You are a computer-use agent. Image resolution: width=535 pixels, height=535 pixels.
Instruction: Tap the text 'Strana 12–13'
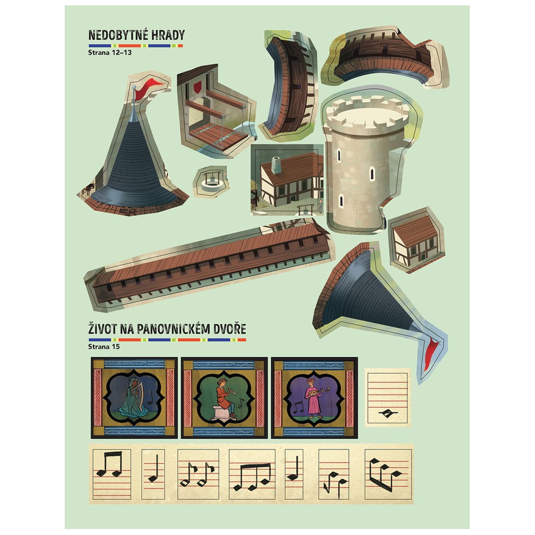coord(110,52)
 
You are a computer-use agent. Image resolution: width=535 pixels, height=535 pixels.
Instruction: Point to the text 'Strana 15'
coord(104,347)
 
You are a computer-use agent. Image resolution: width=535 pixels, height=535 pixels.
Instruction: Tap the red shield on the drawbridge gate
coord(197,87)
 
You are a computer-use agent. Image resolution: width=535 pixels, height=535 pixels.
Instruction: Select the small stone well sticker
coord(210,181)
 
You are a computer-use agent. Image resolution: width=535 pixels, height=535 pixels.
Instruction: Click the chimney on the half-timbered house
coord(276,165)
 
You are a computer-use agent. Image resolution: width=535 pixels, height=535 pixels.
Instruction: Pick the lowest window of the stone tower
coord(341,201)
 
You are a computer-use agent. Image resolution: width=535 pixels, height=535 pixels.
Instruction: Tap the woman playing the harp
coord(133,397)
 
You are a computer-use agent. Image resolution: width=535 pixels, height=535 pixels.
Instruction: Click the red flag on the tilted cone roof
coord(432,354)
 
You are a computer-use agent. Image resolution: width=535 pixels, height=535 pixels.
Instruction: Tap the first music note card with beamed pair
coord(112,474)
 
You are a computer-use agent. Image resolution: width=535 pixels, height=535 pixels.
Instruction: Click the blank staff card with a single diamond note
coord(387,398)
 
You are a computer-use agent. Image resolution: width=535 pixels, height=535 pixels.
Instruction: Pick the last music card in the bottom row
coord(388,474)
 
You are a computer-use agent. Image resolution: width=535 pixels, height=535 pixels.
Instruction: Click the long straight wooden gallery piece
coord(209,266)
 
